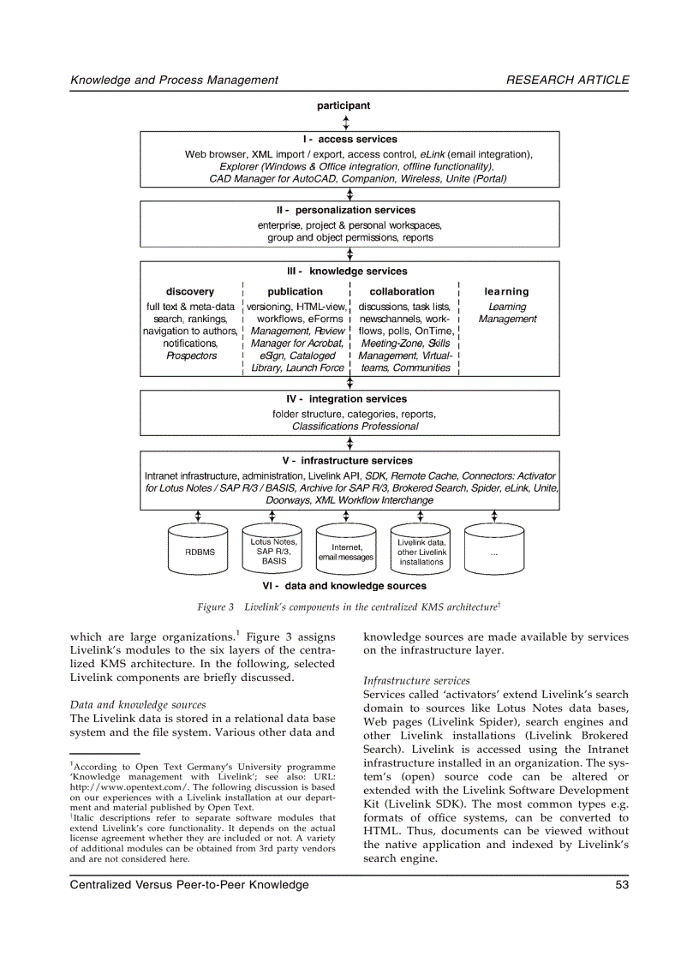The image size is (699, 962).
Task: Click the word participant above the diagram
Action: click(x=344, y=106)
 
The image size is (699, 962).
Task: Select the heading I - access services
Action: click(x=349, y=140)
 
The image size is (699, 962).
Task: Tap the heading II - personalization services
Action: click(x=349, y=210)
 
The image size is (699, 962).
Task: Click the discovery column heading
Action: click(x=190, y=291)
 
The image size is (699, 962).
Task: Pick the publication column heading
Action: click(x=295, y=291)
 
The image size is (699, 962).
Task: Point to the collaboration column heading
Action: click(x=402, y=291)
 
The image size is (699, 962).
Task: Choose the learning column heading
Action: click(x=506, y=291)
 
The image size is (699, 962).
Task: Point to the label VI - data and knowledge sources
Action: click(x=344, y=587)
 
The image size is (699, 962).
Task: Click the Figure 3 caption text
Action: click(x=349, y=607)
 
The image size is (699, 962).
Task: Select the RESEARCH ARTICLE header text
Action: click(x=567, y=80)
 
